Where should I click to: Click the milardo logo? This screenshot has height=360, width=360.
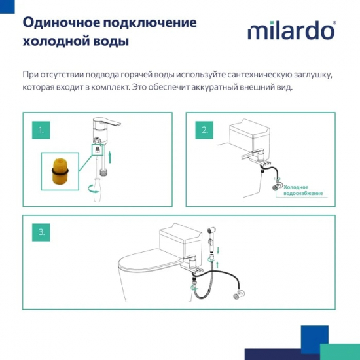tap(291, 31)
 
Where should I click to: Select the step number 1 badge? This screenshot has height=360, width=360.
tap(41, 130)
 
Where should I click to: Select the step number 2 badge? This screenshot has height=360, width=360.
tap(205, 130)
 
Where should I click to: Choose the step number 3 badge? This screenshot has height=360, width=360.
tap(41, 232)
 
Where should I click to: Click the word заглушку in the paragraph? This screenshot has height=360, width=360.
tap(310, 75)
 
